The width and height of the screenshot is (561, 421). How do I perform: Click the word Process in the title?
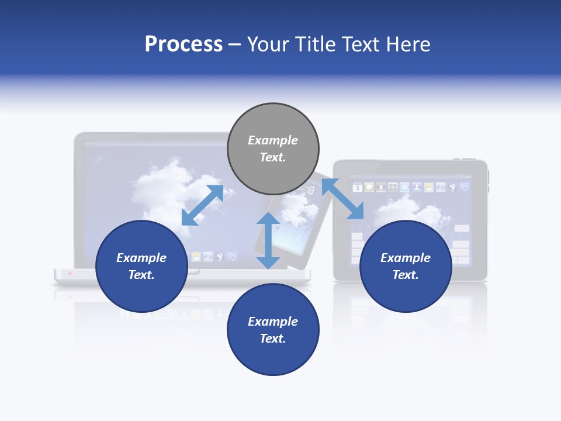pos(183,44)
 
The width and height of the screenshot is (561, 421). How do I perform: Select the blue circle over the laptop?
pos(141,266)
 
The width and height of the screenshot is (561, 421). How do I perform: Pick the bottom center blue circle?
pos(273,329)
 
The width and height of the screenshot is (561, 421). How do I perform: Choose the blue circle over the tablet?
pos(405,266)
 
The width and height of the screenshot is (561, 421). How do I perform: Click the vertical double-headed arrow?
pos(268,240)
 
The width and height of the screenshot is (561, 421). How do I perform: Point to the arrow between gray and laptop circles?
pos(202,205)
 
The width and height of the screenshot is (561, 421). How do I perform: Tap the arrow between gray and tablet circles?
pos(342,199)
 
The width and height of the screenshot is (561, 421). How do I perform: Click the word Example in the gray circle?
pos(273,140)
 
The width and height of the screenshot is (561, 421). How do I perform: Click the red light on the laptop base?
pos(71,274)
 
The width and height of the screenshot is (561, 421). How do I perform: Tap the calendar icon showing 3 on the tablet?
pos(357,188)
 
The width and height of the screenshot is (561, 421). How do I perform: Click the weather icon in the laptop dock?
pos(196,257)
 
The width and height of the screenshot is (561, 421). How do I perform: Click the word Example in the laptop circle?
pos(141,258)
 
